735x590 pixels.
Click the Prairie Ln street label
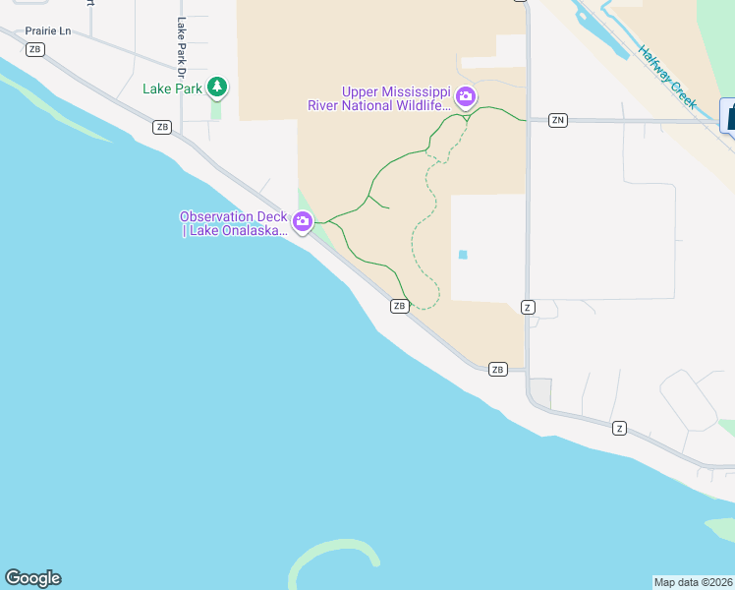(x=48, y=30)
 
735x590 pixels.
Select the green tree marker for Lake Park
(x=217, y=88)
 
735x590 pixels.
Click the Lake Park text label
(x=172, y=88)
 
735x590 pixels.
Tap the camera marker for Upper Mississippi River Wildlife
(x=466, y=97)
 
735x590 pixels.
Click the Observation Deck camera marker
(x=304, y=224)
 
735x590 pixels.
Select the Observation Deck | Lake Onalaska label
(x=234, y=224)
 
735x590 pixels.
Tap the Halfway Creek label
(x=666, y=75)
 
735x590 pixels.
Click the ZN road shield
(x=558, y=120)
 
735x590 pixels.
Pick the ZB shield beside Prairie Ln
(x=36, y=49)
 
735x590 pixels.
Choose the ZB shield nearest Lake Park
(x=162, y=127)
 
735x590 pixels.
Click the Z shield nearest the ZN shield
(x=528, y=307)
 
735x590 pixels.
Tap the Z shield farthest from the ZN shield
(x=619, y=428)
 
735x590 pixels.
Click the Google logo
(x=32, y=578)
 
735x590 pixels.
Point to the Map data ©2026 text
(x=693, y=581)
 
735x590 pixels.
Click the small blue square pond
(x=463, y=255)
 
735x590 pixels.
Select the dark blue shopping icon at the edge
(x=729, y=115)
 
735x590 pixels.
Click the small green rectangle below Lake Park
(x=216, y=110)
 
